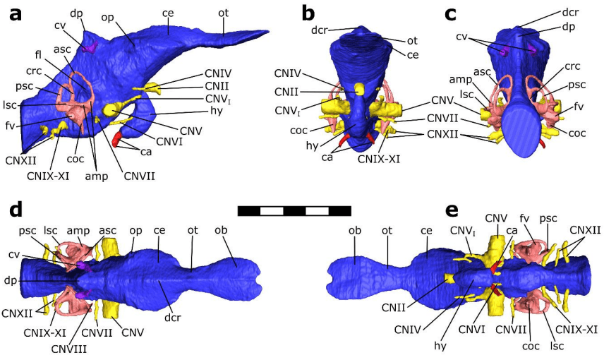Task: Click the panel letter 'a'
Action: pos(14,13)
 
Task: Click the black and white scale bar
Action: pos(294,210)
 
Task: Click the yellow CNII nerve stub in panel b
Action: pos(358,89)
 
